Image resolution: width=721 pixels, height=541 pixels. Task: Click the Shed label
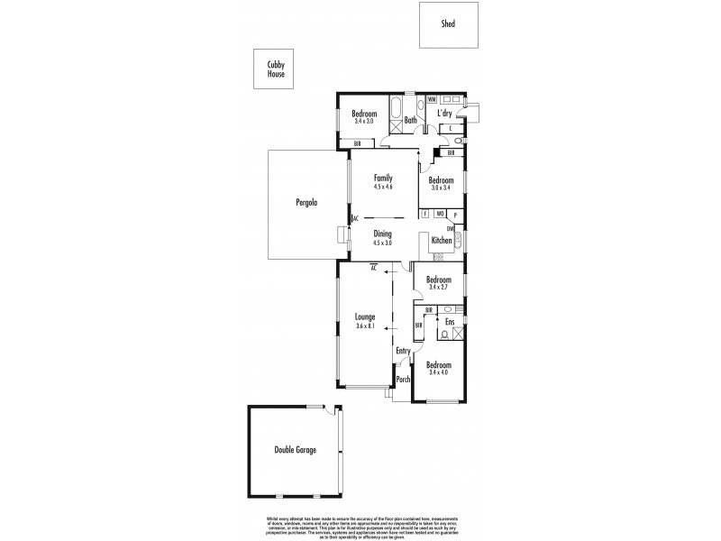(448, 24)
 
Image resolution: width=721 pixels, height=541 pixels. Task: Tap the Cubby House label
(276, 69)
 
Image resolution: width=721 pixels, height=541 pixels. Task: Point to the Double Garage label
(296, 449)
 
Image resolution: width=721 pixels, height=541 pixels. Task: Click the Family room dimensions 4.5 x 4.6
(383, 187)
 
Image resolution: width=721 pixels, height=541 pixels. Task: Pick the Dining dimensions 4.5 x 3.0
(383, 243)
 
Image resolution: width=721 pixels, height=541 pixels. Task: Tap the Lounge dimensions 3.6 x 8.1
(364, 326)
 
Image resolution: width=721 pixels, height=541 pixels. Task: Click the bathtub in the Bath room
(396, 115)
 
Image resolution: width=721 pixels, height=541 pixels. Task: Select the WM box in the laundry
(432, 99)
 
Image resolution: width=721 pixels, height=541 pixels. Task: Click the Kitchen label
(441, 240)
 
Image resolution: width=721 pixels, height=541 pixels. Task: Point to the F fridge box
(424, 215)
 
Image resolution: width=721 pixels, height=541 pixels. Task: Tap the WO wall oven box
(439, 215)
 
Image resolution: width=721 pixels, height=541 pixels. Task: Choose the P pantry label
(455, 215)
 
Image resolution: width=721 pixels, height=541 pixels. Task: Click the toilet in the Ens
(445, 334)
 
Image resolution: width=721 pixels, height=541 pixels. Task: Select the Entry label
(403, 351)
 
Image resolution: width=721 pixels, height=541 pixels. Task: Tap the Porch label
(403, 380)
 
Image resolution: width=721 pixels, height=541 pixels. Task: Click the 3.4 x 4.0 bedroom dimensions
(439, 372)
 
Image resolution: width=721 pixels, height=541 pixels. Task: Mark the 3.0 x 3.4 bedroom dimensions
(441, 187)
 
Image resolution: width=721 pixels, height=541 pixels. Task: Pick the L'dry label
(444, 114)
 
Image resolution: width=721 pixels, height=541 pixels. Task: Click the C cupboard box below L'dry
(449, 129)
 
